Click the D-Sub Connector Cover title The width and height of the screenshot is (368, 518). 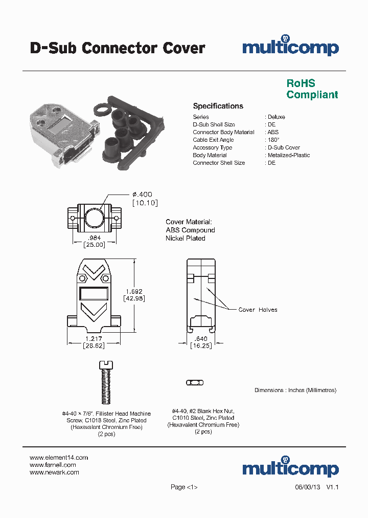(x=118, y=48)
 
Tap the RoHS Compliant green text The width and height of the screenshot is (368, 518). (x=312, y=89)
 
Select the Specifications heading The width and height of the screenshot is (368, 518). (x=218, y=106)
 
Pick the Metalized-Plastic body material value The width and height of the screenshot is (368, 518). (x=289, y=155)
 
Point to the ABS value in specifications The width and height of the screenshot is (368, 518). (x=273, y=132)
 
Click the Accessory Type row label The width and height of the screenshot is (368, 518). (x=212, y=147)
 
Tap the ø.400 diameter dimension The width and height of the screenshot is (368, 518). (x=142, y=195)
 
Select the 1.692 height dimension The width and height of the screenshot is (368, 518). (x=134, y=291)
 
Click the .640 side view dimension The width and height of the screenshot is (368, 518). (x=201, y=338)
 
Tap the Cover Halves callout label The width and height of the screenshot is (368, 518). (x=258, y=310)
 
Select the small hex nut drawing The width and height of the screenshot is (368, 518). (x=194, y=382)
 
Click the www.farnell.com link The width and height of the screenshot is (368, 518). (x=53, y=465)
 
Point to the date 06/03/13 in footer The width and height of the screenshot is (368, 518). (x=307, y=487)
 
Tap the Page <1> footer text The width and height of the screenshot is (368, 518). (x=184, y=487)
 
